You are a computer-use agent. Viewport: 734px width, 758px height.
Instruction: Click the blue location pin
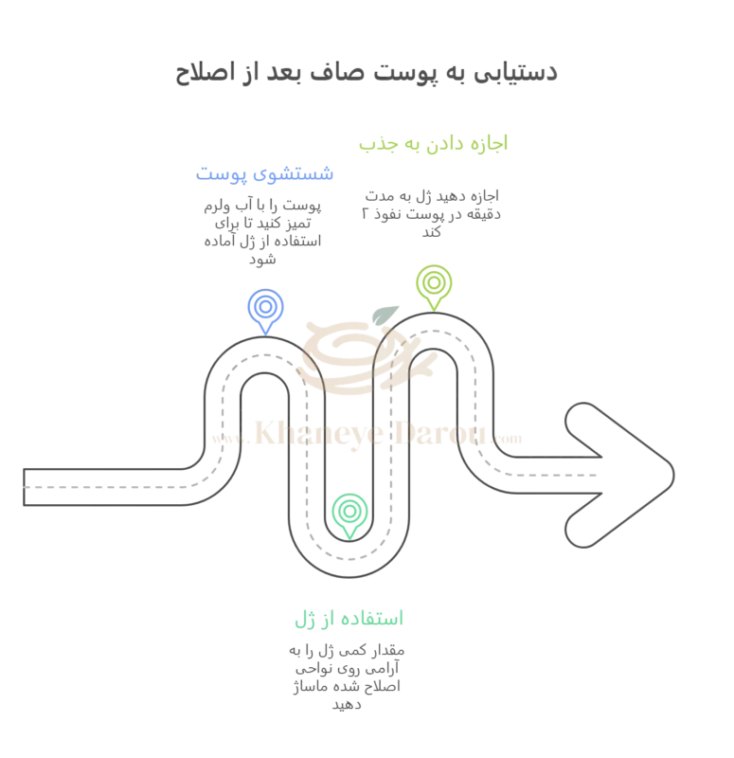[264, 310]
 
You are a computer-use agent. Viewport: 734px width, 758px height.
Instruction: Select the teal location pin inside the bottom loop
[349, 514]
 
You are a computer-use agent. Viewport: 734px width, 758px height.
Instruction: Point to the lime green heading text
[433, 144]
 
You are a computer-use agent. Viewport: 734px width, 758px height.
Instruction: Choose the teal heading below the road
[349, 619]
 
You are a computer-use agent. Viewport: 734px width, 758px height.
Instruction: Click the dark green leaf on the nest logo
[385, 316]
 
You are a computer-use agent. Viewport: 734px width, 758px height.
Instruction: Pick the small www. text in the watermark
[227, 440]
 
